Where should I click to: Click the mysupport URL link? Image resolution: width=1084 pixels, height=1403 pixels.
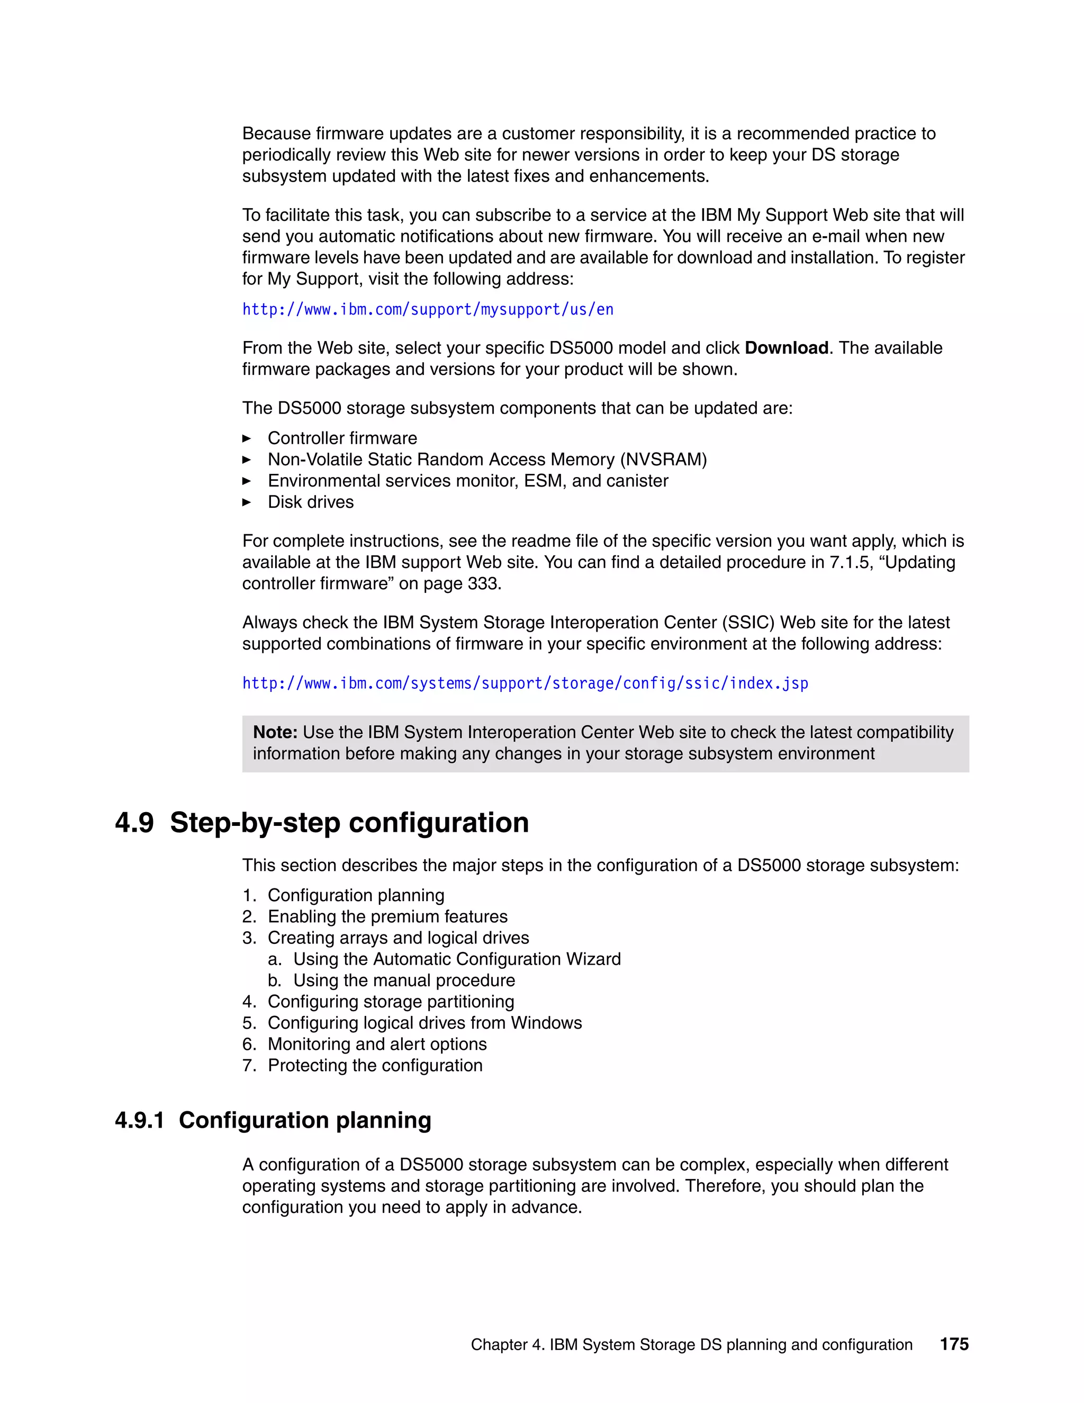click(428, 310)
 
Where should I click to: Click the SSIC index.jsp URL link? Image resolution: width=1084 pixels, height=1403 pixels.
click(525, 683)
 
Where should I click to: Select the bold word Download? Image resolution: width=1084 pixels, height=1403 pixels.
click(786, 348)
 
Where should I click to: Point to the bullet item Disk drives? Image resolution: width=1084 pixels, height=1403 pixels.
click(310, 502)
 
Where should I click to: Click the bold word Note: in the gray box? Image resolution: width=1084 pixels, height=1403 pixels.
click(275, 732)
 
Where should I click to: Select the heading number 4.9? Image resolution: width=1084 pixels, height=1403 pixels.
click(134, 823)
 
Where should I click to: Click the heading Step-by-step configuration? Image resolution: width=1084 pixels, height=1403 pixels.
click(349, 823)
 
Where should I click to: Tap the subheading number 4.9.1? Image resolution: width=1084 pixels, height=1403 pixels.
click(139, 1120)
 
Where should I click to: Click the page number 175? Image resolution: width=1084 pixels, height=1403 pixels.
click(954, 1344)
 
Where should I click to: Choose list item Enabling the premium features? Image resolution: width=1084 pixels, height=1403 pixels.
click(387, 916)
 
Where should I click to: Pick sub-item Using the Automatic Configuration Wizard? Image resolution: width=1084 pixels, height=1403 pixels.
click(457, 959)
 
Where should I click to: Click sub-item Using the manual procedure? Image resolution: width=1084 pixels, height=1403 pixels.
click(404, 981)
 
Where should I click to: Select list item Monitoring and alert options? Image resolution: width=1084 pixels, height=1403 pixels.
click(377, 1044)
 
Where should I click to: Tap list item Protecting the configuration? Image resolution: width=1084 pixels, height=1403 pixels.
click(375, 1065)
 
